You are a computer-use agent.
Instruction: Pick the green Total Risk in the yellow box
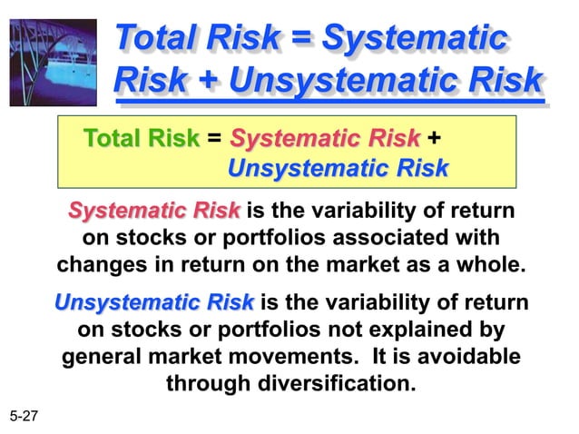pyautogui.click(x=141, y=139)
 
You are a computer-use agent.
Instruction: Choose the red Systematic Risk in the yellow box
pyautogui.click(x=325, y=139)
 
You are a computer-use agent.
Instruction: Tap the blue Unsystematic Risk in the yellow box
pyautogui.click(x=338, y=169)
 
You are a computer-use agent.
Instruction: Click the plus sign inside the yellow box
pyautogui.click(x=434, y=139)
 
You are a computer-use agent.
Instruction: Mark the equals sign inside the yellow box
pyautogui.click(x=214, y=139)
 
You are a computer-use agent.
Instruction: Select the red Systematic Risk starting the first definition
pyautogui.click(x=154, y=212)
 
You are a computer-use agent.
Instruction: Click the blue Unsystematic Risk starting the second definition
pyautogui.click(x=154, y=301)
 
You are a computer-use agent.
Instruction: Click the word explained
pyautogui.click(x=422, y=329)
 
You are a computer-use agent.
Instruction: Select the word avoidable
pyautogui.click(x=469, y=356)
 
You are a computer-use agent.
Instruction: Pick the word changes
pyautogui.click(x=95, y=266)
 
